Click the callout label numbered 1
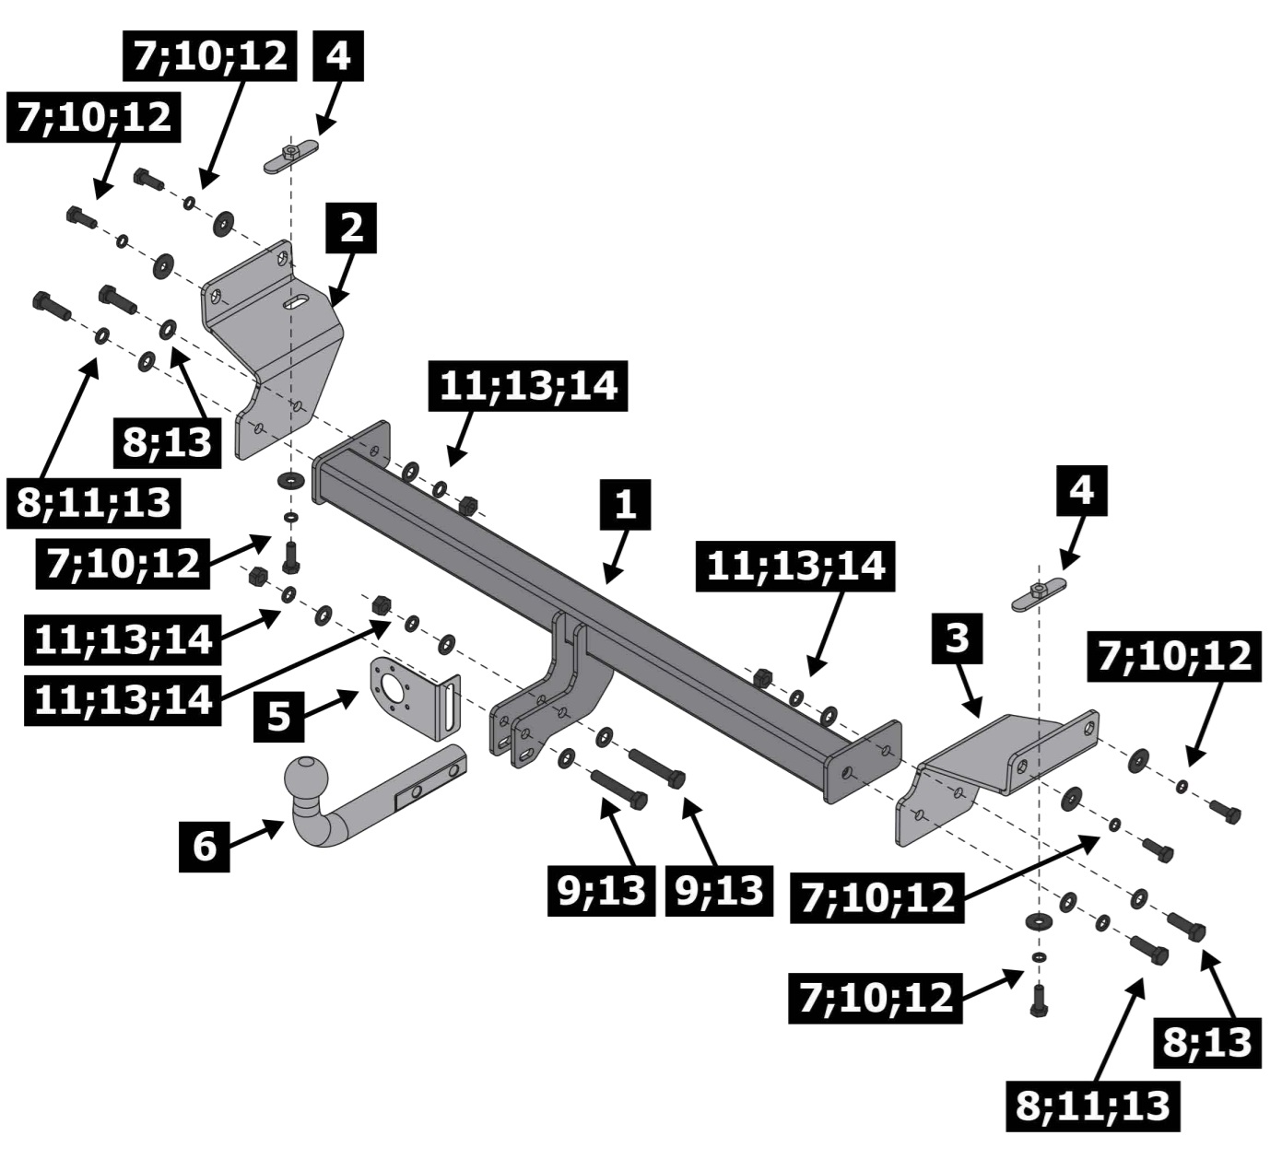click(626, 504)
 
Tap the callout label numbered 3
click(958, 637)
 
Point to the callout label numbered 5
click(278, 715)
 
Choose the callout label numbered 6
click(204, 843)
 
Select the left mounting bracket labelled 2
click(276, 350)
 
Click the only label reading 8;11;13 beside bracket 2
click(94, 503)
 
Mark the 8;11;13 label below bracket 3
click(1093, 1106)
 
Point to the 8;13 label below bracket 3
click(1206, 1042)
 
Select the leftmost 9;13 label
click(601, 891)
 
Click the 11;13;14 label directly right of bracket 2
click(528, 385)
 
